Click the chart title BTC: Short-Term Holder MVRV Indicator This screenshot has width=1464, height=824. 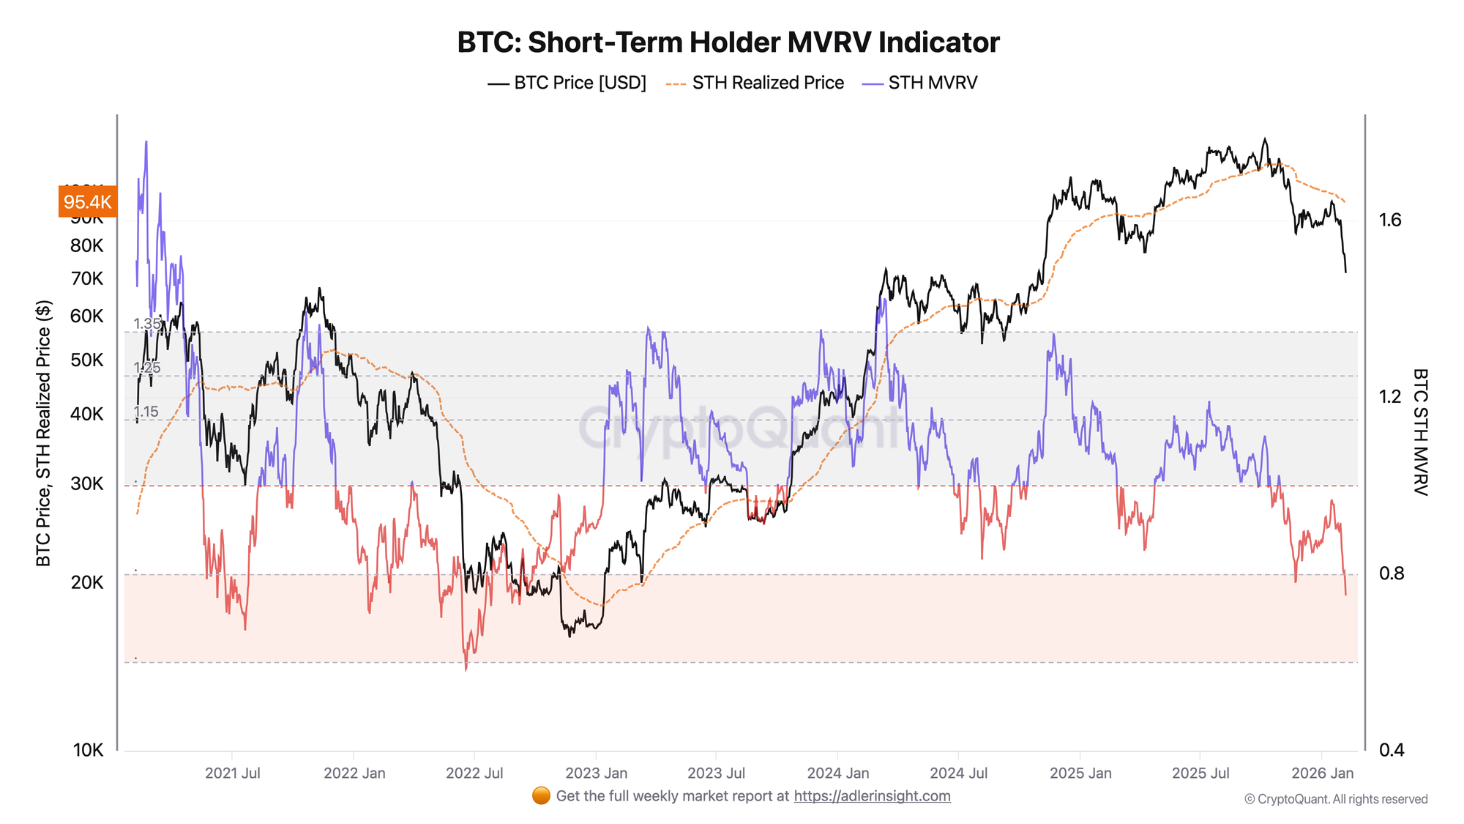coord(728,42)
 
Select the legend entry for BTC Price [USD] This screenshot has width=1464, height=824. coord(567,83)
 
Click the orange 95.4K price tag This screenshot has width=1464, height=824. coord(87,202)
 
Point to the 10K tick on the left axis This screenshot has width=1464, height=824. coord(88,750)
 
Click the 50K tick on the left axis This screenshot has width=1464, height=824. coord(87,360)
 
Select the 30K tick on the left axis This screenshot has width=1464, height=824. coord(87,483)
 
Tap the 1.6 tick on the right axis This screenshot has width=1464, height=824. coord(1390,220)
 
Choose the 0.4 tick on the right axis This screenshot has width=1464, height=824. coord(1392,750)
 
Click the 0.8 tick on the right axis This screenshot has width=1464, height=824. coord(1392,574)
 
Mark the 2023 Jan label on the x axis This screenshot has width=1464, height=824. coord(596,773)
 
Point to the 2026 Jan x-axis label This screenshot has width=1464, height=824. coord(1322,773)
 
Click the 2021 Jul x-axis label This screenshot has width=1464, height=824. coord(232,773)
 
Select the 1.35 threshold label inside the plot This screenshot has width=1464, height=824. coord(147,324)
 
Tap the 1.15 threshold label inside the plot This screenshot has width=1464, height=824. coord(146,412)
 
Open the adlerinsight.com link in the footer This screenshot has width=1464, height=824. coord(872,796)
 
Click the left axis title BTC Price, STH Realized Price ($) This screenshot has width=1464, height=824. coord(44,433)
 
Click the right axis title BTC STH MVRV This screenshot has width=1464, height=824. coord(1419,432)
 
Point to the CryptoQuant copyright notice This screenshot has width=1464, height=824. coord(1336,799)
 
